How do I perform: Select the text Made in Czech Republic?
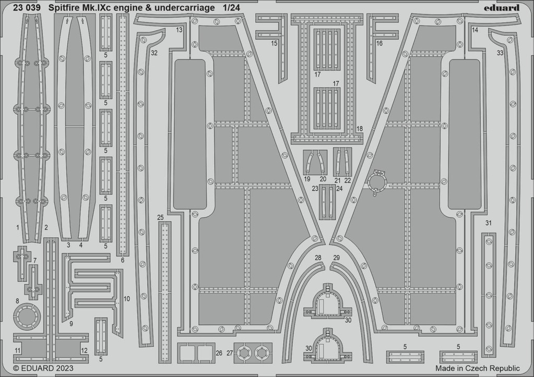[x=478, y=368]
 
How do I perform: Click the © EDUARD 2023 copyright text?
[x=43, y=368]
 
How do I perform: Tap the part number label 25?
[x=160, y=217]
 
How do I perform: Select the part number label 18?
[x=359, y=129]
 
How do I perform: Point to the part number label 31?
[x=489, y=223]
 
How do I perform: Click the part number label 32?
[x=155, y=53]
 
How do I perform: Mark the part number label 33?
[x=500, y=53]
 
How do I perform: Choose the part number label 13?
[x=179, y=30]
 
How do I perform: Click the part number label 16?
[x=379, y=43]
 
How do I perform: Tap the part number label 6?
[x=123, y=261]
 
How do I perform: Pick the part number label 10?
[x=127, y=299]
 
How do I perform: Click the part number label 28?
[x=318, y=258]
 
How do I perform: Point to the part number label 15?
[x=274, y=43]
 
